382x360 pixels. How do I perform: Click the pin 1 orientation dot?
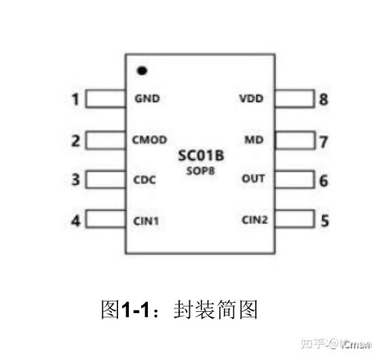click(142, 70)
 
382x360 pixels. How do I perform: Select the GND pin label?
click(147, 98)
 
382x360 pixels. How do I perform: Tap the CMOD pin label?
click(149, 141)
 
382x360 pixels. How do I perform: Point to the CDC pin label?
click(145, 180)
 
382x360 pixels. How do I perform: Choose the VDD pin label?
click(251, 98)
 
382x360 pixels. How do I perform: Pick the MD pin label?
click(254, 141)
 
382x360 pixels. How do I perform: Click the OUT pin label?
click(253, 179)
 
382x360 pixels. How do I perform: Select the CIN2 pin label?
click(254, 219)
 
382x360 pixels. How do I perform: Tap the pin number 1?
click(76, 100)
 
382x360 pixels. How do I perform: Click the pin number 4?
click(76, 221)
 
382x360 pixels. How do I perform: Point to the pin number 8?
click(324, 100)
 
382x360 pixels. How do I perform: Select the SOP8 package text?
click(201, 171)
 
